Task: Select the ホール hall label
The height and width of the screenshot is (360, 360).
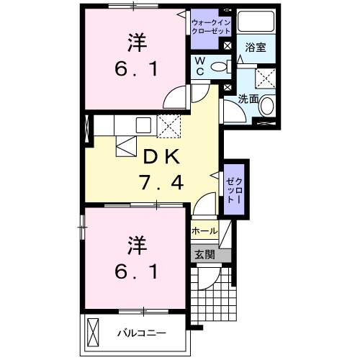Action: point(204,231)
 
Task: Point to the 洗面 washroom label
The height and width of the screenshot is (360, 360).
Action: point(248,98)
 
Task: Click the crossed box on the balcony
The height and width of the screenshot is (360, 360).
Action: point(94,332)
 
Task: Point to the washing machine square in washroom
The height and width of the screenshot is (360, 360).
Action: point(266,78)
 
